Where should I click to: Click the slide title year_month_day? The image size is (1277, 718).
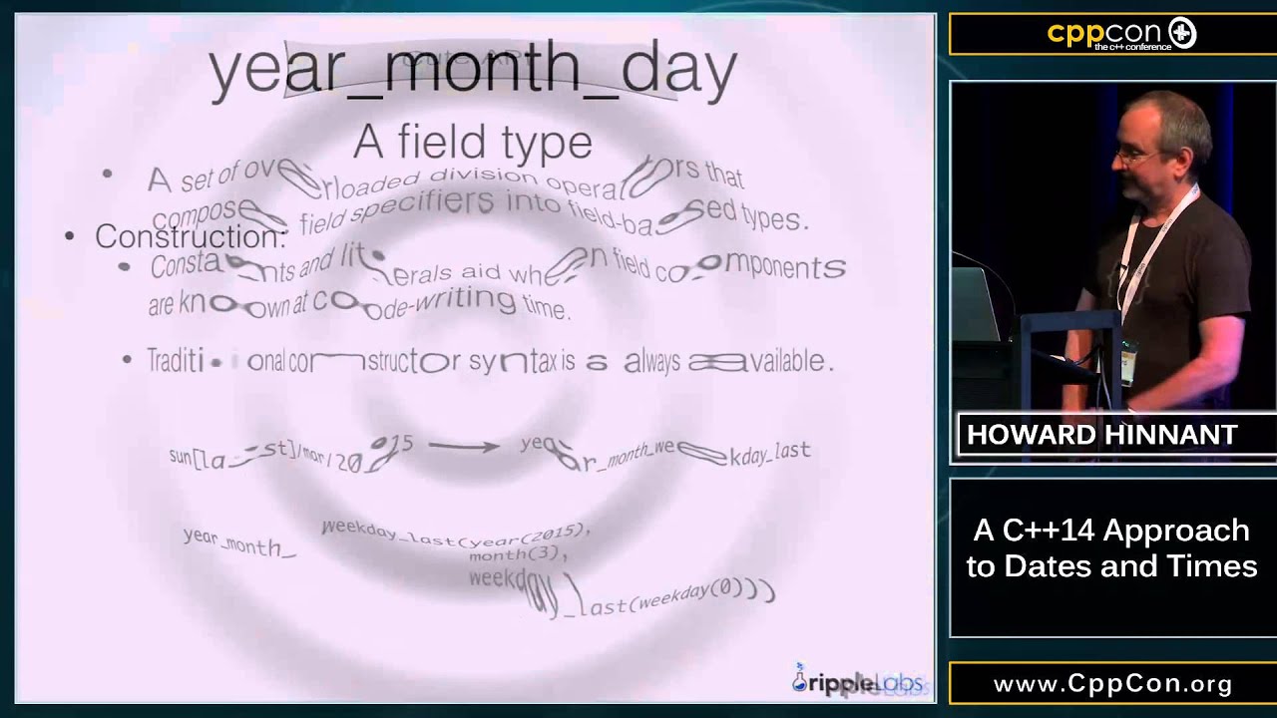473,70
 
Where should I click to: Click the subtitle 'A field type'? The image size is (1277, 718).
473,143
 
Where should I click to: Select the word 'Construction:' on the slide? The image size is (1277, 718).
191,237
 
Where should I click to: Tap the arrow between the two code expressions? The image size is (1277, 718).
464,446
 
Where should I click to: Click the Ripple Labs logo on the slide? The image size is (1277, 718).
858,682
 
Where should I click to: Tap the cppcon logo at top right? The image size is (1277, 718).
1121,35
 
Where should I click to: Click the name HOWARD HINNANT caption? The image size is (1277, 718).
1101,436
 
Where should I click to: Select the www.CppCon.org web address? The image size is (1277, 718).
1112,684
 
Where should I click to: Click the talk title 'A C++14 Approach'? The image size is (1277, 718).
1111,530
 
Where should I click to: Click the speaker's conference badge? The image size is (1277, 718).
1129,361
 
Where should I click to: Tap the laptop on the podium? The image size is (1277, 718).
978,304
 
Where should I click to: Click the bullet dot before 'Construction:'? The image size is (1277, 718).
69,237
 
